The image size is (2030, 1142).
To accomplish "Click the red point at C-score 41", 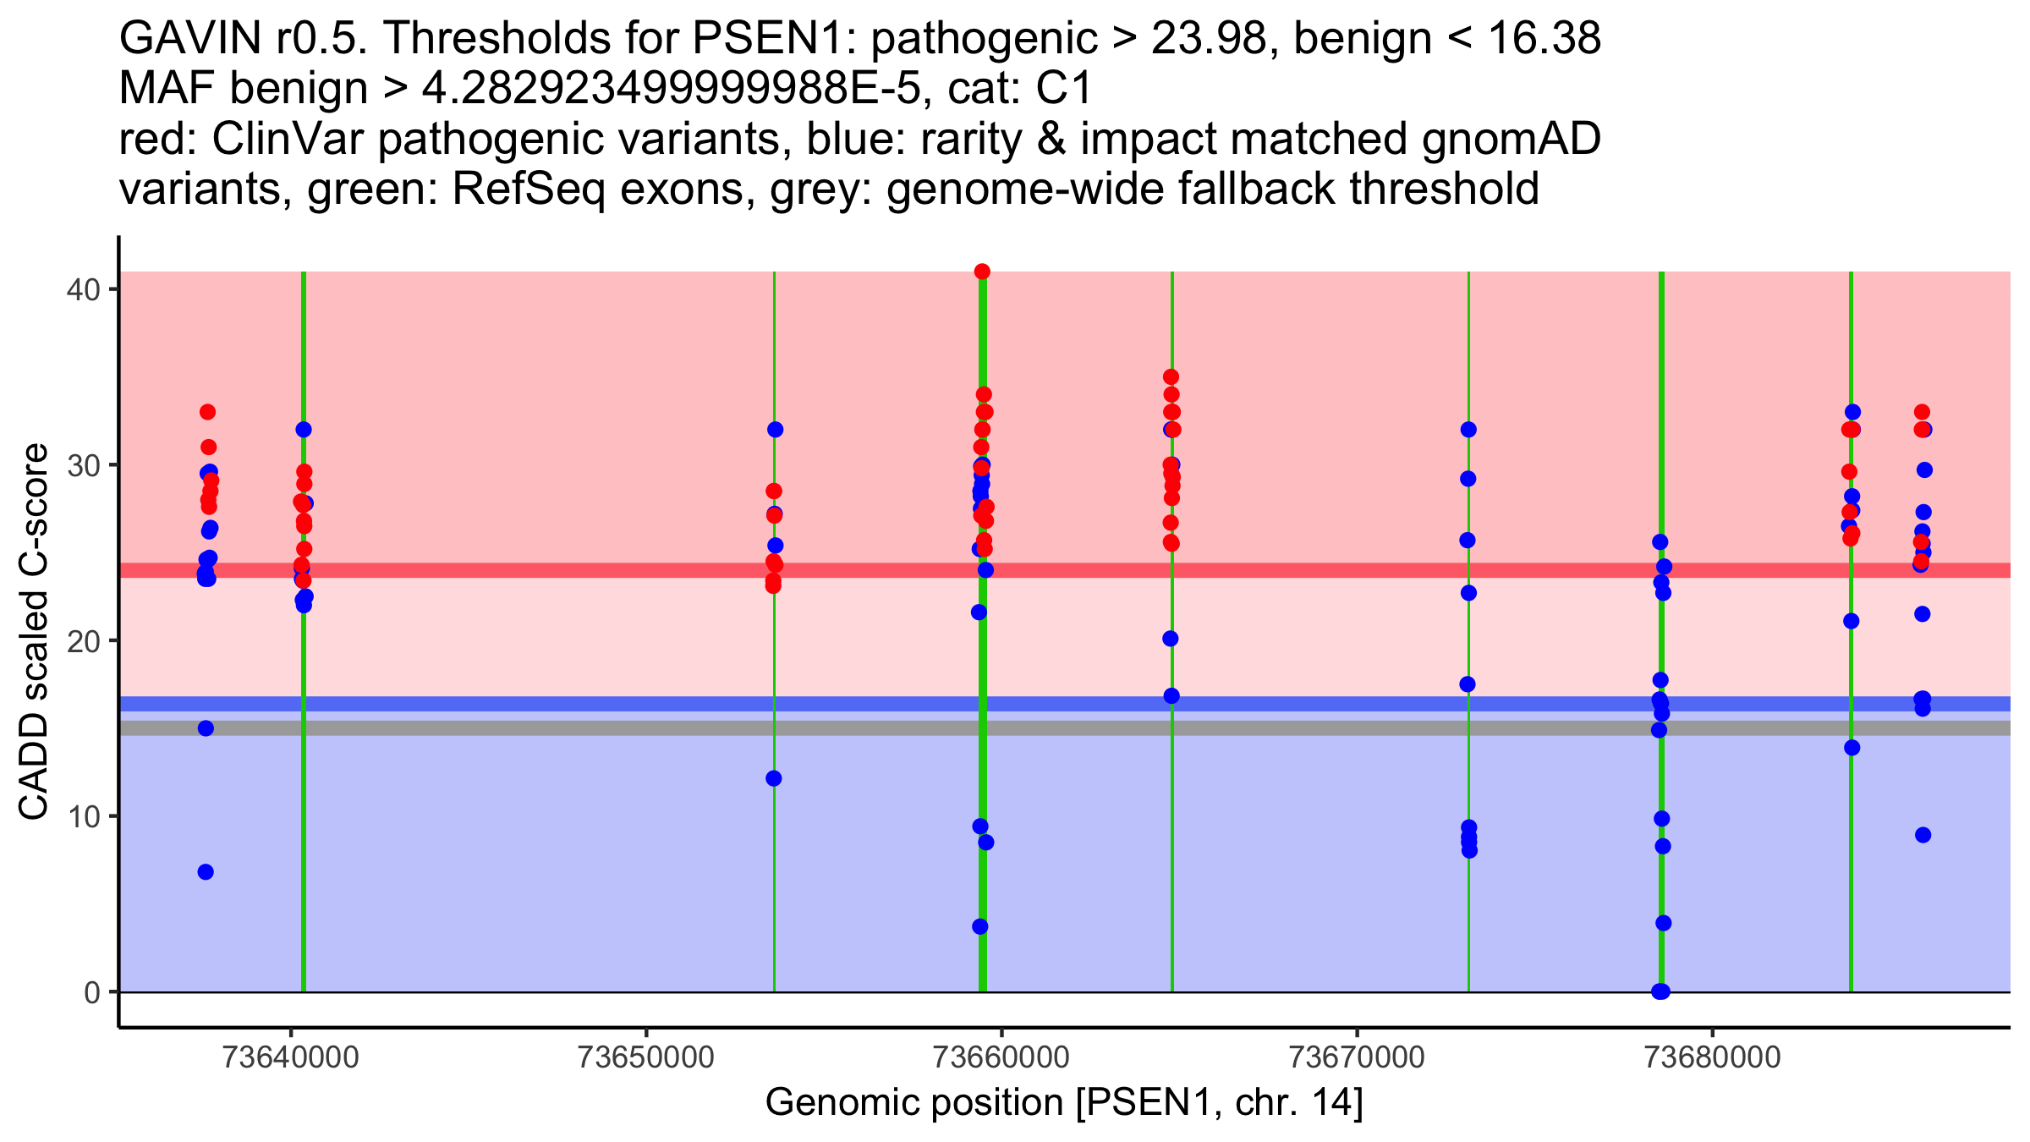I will [982, 272].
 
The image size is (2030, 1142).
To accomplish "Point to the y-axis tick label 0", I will [91, 992].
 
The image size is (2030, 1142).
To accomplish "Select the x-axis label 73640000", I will [291, 1057].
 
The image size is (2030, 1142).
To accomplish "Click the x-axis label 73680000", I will [1713, 1057].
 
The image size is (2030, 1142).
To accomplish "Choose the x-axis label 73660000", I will [1001, 1057].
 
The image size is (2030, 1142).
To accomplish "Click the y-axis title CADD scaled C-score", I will [34, 632].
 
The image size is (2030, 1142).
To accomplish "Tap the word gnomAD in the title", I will [1511, 140].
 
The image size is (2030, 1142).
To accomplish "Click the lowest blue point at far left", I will [206, 872].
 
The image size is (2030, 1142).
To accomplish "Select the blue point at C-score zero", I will [1660, 991].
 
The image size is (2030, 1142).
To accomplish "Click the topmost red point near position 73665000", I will [1171, 377].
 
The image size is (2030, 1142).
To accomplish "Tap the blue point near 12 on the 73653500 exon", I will [774, 778].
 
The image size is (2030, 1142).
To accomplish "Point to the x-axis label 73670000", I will [1358, 1057].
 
